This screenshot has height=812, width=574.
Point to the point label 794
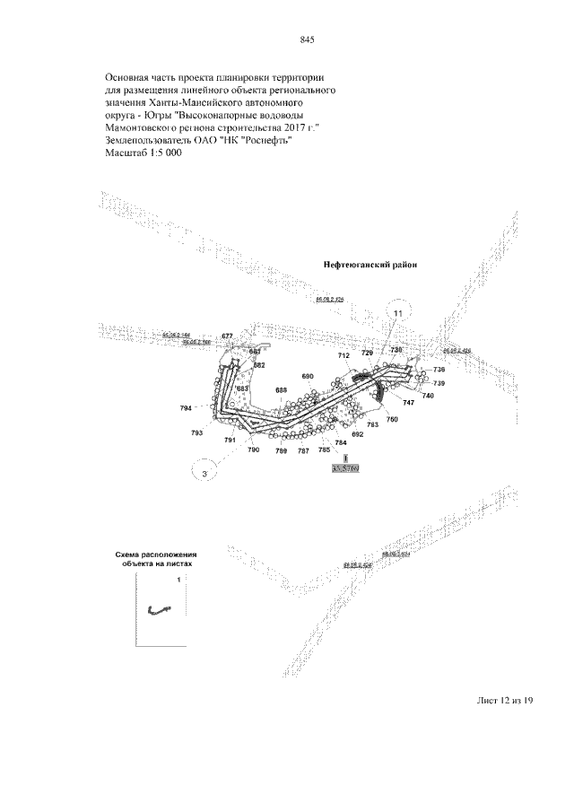coord(186,409)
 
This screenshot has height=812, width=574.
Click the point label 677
coord(227,336)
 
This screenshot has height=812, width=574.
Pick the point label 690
coord(308,376)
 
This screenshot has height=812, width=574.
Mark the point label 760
coord(392,419)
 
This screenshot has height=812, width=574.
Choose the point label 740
coord(428,396)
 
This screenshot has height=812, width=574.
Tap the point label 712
coord(344,356)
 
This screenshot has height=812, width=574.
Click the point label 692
coord(357,434)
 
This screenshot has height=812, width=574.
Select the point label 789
coord(281,450)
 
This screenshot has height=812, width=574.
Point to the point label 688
coord(281,389)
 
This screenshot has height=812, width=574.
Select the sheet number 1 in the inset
coord(178,581)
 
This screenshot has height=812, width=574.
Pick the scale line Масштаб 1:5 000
coord(143,154)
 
